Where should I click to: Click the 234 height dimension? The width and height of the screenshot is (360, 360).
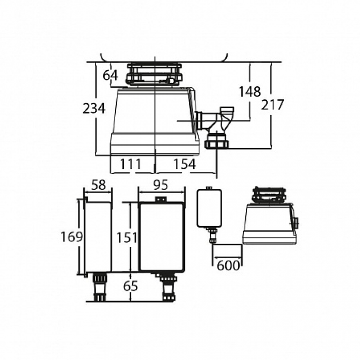click(94, 108)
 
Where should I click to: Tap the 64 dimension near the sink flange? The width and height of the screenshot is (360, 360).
click(110, 75)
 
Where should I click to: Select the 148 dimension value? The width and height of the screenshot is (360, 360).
click(250, 91)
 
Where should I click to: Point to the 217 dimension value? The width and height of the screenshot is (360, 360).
click(273, 105)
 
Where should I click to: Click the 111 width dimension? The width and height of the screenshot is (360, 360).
click(131, 164)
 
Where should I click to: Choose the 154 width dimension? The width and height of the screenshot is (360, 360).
click(184, 164)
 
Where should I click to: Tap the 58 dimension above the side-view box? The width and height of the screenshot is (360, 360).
click(99, 185)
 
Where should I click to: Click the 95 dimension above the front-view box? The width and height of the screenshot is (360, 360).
click(161, 185)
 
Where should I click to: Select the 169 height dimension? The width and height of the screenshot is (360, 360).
click(71, 237)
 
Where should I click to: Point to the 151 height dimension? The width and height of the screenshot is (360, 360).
click(127, 238)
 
